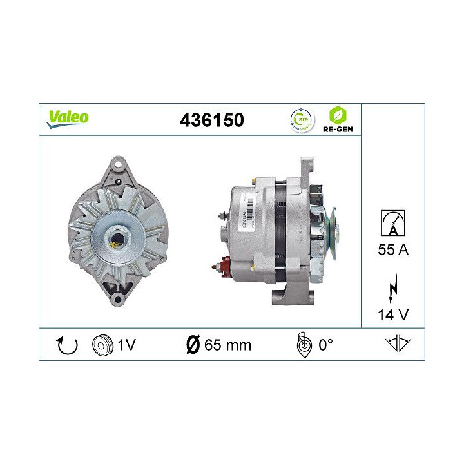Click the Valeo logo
click(66, 118)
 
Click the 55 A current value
click(392, 251)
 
